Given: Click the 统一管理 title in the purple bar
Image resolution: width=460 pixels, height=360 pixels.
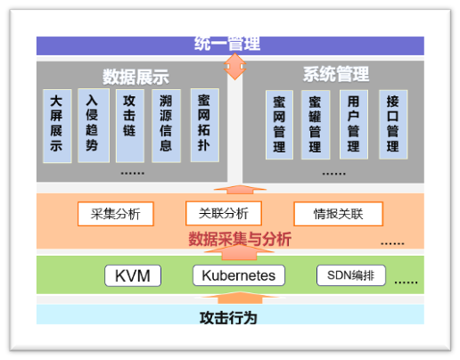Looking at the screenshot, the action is coord(227,44).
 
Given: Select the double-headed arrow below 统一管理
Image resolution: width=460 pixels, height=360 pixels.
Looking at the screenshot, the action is coord(234,67).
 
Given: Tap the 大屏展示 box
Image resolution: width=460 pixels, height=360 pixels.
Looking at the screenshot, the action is coord(57,126).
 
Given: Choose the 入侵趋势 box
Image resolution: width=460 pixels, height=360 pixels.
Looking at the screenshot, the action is coord(94,126).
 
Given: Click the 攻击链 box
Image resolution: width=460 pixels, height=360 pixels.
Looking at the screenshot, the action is coord(130,126).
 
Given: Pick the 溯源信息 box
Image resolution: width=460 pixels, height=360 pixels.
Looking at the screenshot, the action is coord(166,126).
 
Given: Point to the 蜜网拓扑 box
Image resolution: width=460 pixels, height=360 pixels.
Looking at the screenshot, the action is coord(205,125).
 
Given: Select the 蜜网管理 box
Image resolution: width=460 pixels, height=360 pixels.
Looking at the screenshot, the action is coord(279,125).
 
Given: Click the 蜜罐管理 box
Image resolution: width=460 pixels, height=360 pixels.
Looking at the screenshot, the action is coord(316,125).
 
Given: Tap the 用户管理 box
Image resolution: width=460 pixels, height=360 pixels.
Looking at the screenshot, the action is coord(354,125).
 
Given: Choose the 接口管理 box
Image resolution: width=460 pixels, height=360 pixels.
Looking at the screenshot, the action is coord(393,125).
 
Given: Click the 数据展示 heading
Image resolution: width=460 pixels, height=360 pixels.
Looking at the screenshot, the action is coord(136,77).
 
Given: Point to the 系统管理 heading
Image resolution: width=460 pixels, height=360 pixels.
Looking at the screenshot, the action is coord(336,74).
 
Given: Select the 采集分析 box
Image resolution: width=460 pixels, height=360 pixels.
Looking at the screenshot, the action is coord(116,214).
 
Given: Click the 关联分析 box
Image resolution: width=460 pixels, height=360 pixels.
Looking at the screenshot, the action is coord(224,213).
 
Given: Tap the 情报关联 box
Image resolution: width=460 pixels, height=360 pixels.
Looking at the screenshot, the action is coord(338,214).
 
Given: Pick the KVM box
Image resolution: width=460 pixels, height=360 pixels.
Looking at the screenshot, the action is coord(133,275).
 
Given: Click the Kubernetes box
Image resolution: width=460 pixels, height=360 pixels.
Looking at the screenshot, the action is coord(239,275).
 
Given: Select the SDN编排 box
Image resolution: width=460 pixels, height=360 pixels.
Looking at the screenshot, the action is coord(351,275).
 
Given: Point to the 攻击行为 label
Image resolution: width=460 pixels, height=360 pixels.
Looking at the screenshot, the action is coord(228,318).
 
